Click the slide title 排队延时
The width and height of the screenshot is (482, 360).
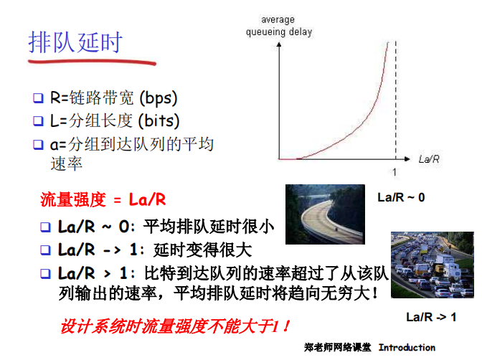(75, 42)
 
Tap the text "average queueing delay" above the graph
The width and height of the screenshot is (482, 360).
(279, 26)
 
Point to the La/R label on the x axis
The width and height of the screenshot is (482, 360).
(429, 158)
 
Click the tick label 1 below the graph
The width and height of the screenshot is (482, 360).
(394, 172)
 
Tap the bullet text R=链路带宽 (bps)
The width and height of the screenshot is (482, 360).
(113, 98)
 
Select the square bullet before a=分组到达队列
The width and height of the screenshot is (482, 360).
(39, 145)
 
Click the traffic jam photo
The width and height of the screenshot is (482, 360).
(432, 265)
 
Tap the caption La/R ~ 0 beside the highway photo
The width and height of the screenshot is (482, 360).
(401, 197)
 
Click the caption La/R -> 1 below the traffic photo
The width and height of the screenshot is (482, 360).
(431, 316)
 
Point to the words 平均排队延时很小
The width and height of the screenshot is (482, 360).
(209, 227)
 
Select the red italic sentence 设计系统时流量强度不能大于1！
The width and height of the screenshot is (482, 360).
(175, 326)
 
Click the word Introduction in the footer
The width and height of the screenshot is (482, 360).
(407, 348)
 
